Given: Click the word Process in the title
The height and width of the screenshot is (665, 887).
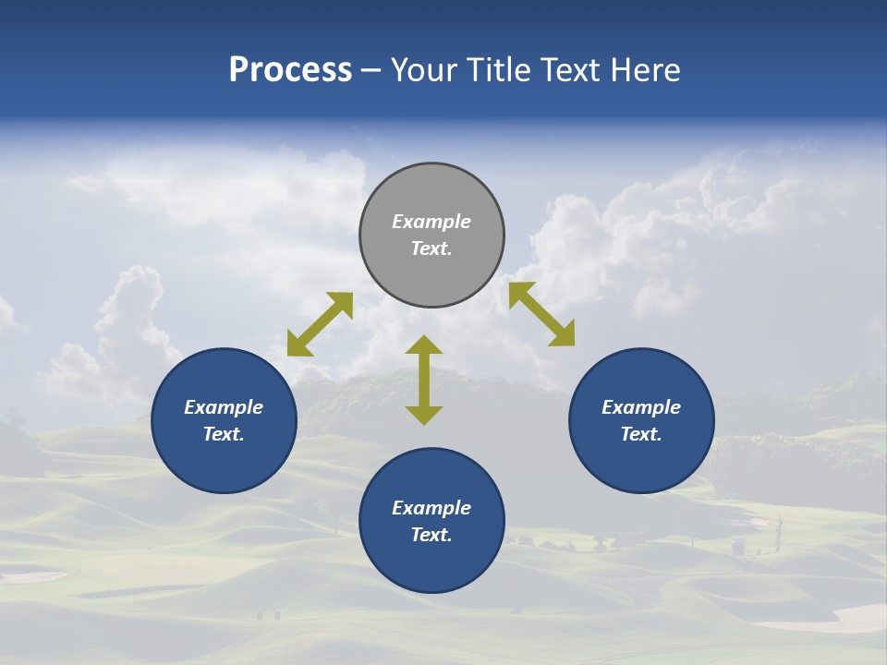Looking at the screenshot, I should pos(290,70).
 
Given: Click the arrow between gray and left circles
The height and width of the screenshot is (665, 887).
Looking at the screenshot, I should pos(320,324).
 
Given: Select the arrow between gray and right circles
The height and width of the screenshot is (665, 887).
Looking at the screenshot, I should pos(541,314).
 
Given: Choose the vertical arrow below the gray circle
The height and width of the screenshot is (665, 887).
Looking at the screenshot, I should pos(424,380).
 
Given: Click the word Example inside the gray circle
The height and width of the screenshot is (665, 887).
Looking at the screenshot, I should pos(431,222).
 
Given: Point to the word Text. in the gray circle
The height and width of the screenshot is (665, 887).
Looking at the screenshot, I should pos(431,248).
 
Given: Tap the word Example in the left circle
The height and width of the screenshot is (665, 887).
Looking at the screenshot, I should pos(224,407).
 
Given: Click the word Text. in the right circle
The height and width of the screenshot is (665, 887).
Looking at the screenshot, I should pos(641,434).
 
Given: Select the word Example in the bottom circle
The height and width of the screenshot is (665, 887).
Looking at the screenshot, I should pos(431,508).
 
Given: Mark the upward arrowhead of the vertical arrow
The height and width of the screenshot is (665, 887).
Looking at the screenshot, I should pos(424,345).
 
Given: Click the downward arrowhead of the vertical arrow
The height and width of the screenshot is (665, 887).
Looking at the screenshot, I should pos(424,415).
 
